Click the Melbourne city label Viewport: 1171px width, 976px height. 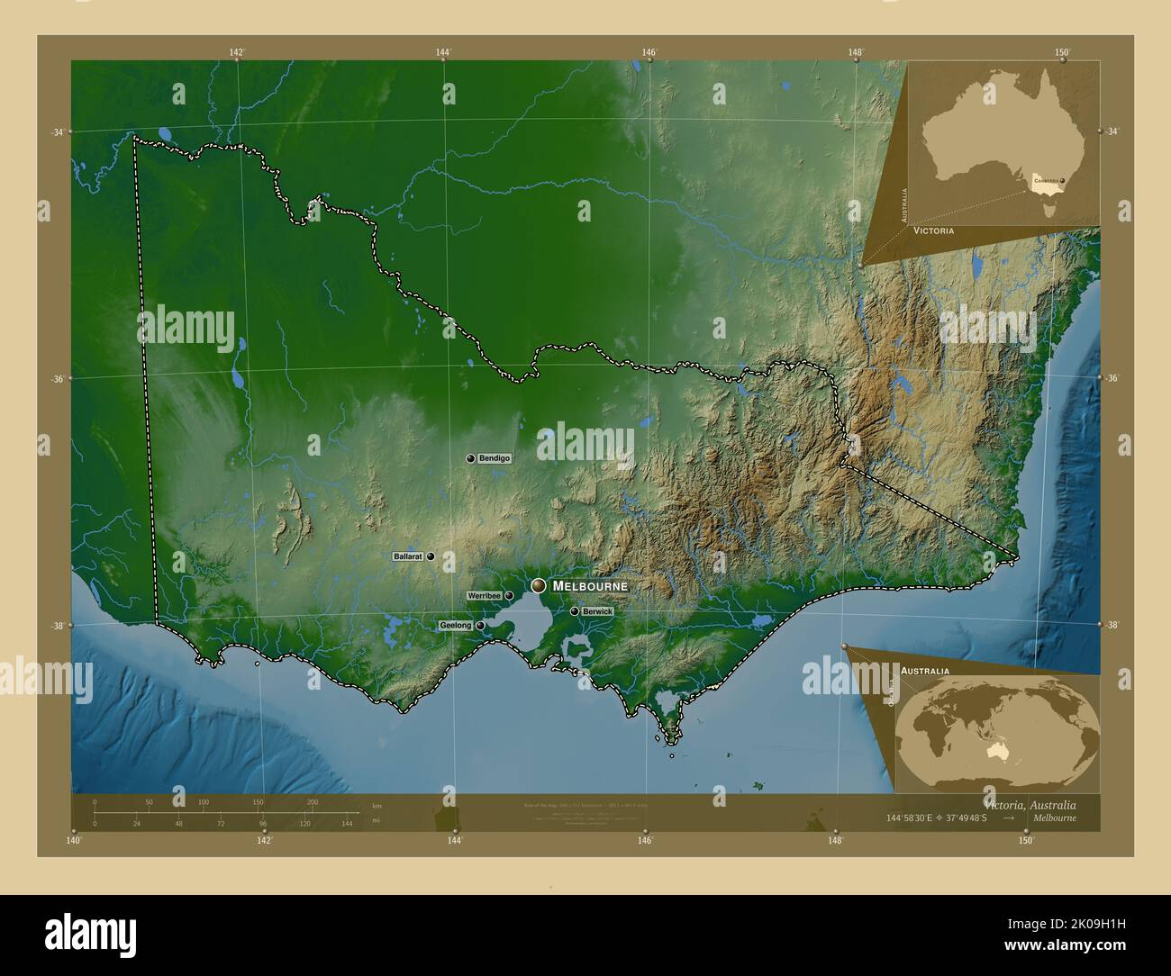tap(590, 586)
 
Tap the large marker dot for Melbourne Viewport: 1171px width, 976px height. tap(539, 586)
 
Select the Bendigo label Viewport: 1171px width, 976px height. tap(494, 458)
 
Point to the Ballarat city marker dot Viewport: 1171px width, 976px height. tap(431, 557)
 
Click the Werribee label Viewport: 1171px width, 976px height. tap(484, 596)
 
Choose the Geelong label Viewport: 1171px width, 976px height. tap(456, 625)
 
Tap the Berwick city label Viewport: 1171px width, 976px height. tap(597, 611)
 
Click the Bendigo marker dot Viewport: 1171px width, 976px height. tap(470, 458)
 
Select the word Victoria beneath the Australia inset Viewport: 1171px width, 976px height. tap(933, 231)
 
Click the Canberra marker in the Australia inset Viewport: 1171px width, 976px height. tap(1063, 181)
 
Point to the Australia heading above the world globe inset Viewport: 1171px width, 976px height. tap(924, 672)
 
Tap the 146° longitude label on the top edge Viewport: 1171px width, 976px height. tap(649, 52)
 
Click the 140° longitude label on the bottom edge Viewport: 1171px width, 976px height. tap(74, 841)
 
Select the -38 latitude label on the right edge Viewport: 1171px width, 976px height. tap(1112, 625)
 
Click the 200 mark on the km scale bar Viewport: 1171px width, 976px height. tap(313, 801)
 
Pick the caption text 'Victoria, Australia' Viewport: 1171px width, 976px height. tap(1030, 804)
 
